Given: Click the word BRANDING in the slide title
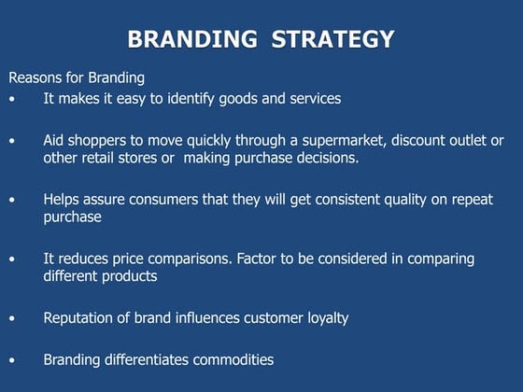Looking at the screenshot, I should tap(184, 39).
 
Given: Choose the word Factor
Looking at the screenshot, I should tap(261, 259).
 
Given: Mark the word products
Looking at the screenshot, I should tap(132, 276).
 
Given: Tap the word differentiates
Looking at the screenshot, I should tap(149, 359).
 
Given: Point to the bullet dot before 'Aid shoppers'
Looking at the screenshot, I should tap(12, 141).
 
